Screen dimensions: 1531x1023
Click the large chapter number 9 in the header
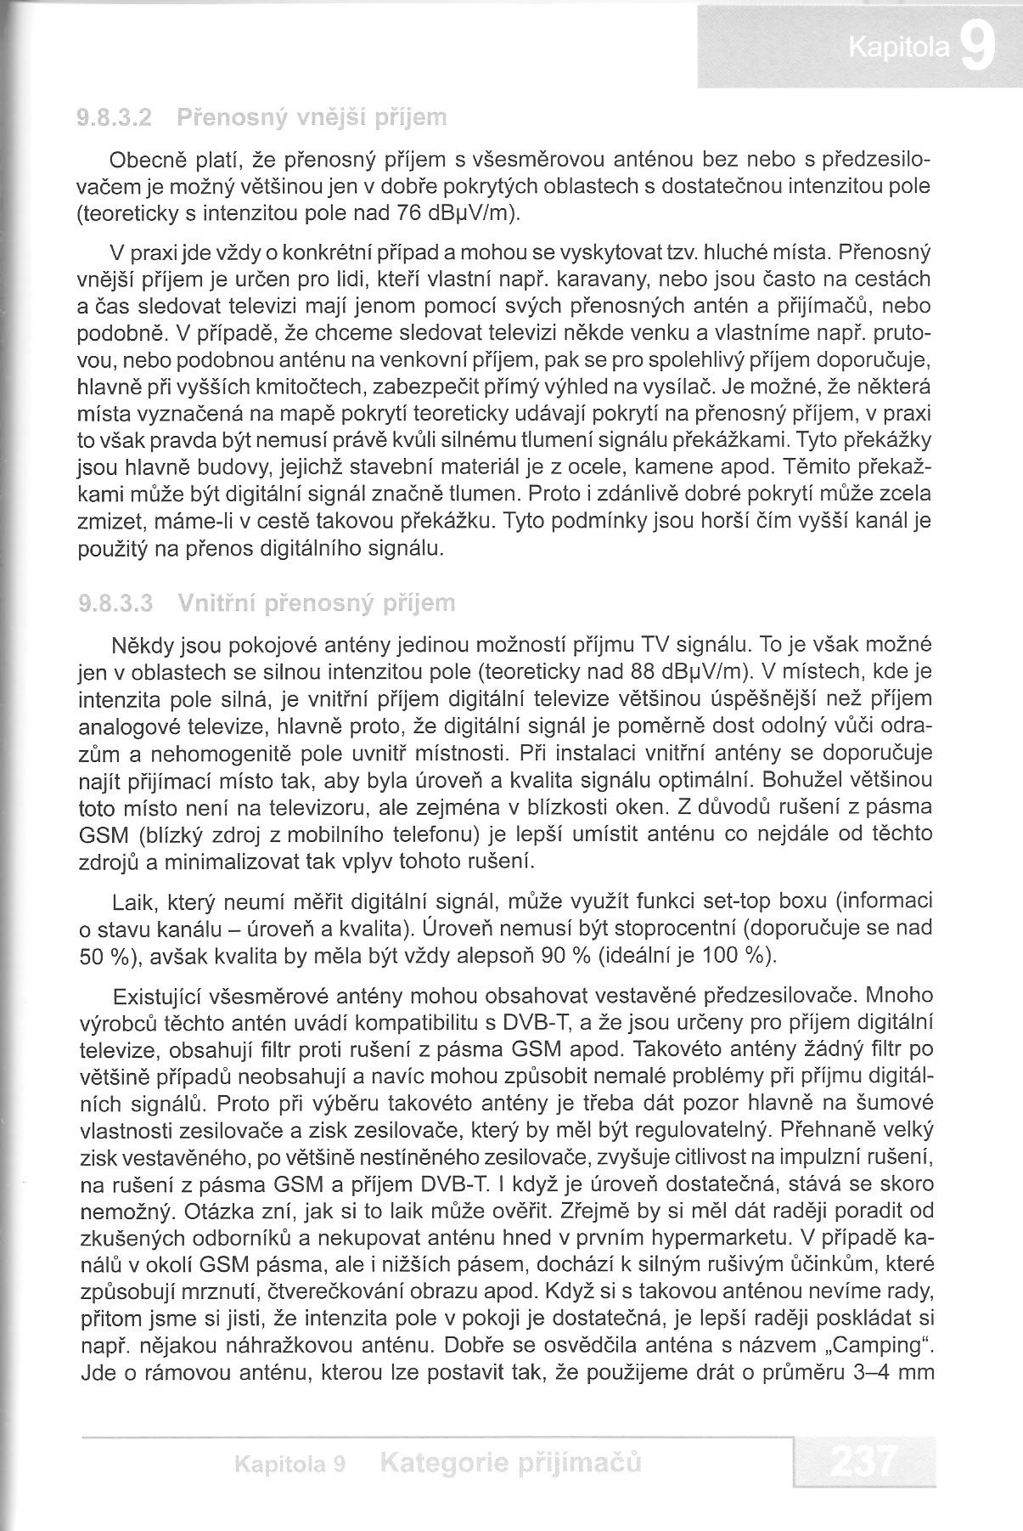[x=978, y=49]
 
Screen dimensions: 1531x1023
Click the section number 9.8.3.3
[x=115, y=604]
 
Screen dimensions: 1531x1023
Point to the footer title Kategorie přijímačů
[x=511, y=1462]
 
